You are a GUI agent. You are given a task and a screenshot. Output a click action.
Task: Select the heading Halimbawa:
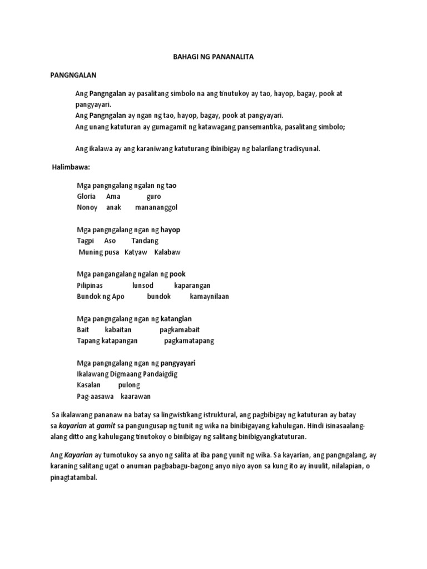(71, 167)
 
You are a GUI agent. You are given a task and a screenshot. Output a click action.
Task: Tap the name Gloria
(86, 197)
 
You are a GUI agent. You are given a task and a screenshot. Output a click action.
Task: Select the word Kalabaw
(167, 252)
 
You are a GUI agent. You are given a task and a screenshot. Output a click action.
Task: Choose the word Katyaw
(136, 252)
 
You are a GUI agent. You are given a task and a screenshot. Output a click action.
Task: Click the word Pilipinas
(90, 285)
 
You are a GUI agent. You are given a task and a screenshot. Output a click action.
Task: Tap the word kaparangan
(192, 285)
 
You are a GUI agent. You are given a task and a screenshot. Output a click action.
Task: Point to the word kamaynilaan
(209, 296)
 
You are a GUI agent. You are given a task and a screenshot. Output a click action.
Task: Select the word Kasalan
(88, 385)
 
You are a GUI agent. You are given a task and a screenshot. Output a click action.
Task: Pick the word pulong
(129, 385)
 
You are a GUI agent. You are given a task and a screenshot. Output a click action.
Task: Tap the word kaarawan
(136, 396)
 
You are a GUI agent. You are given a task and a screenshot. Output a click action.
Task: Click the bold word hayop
(170, 229)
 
